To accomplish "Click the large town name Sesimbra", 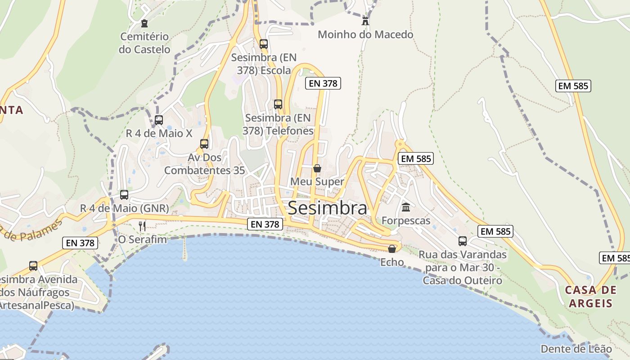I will [327, 208].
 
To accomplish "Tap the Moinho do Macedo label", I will [365, 35].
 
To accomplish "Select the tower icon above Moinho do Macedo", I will [365, 21].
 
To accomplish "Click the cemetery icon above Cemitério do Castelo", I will [144, 23].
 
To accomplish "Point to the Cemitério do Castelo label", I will [144, 43].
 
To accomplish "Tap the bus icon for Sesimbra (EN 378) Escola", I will [264, 44].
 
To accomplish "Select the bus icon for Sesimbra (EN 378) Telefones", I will [278, 104].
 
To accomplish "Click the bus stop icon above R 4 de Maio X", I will [159, 120].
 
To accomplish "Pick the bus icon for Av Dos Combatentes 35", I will [204, 144].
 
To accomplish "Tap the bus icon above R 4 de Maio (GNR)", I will [124, 195].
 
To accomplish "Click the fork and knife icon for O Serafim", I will [142, 226].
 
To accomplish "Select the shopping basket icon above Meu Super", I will [317, 168].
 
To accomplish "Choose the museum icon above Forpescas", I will [406, 207].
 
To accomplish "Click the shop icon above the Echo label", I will [392, 249].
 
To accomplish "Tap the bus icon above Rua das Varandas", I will [463, 241].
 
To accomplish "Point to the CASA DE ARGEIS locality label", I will [590, 296].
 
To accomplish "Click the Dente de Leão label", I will [576, 349].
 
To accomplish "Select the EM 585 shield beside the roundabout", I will [415, 158].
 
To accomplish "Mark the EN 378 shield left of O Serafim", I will [80, 243].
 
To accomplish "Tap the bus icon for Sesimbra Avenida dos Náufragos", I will [33, 265].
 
